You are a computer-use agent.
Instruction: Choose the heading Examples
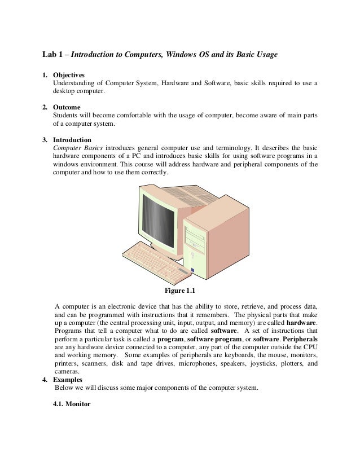tap(67, 380)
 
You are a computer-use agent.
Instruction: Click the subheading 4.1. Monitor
tap(71, 404)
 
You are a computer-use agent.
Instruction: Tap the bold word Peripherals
tap(298, 341)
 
